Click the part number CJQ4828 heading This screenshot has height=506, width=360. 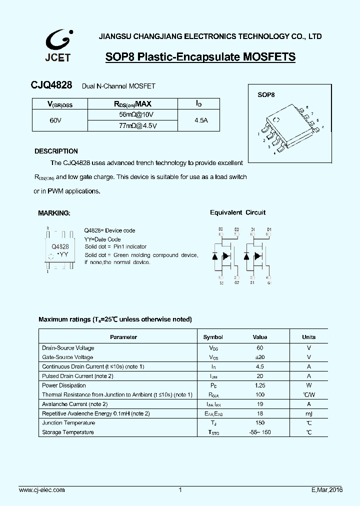pyautogui.click(x=52, y=86)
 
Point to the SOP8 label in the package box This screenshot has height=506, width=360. pyautogui.click(x=266, y=94)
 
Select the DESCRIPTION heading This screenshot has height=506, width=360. pyautogui.click(x=56, y=151)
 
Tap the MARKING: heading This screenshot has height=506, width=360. pyautogui.click(x=54, y=213)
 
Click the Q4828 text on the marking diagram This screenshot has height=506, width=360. pyautogui.click(x=60, y=246)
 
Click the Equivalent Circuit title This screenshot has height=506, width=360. pyautogui.click(x=237, y=212)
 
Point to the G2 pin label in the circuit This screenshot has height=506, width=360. pyautogui.click(x=236, y=283)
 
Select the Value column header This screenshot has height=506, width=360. pyautogui.click(x=260, y=337)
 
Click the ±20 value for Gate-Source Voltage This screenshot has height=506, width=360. pyautogui.click(x=260, y=357)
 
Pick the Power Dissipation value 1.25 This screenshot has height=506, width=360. pyautogui.click(x=260, y=385)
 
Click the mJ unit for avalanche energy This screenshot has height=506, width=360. pyautogui.click(x=308, y=413)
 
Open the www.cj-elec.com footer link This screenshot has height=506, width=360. pyautogui.click(x=41, y=490)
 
